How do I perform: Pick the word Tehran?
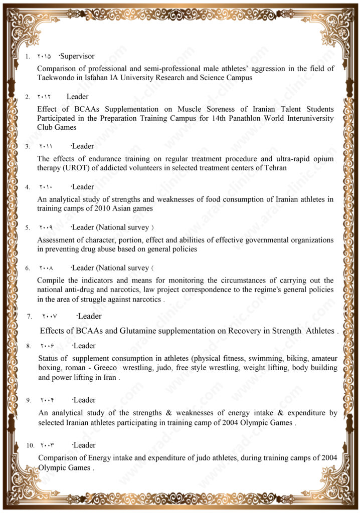[274, 168]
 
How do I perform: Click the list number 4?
[28, 187]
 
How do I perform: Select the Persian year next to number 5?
[46, 227]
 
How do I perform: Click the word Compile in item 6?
[51, 281]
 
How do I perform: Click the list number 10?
[30, 445]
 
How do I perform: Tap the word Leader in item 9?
[85, 400]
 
